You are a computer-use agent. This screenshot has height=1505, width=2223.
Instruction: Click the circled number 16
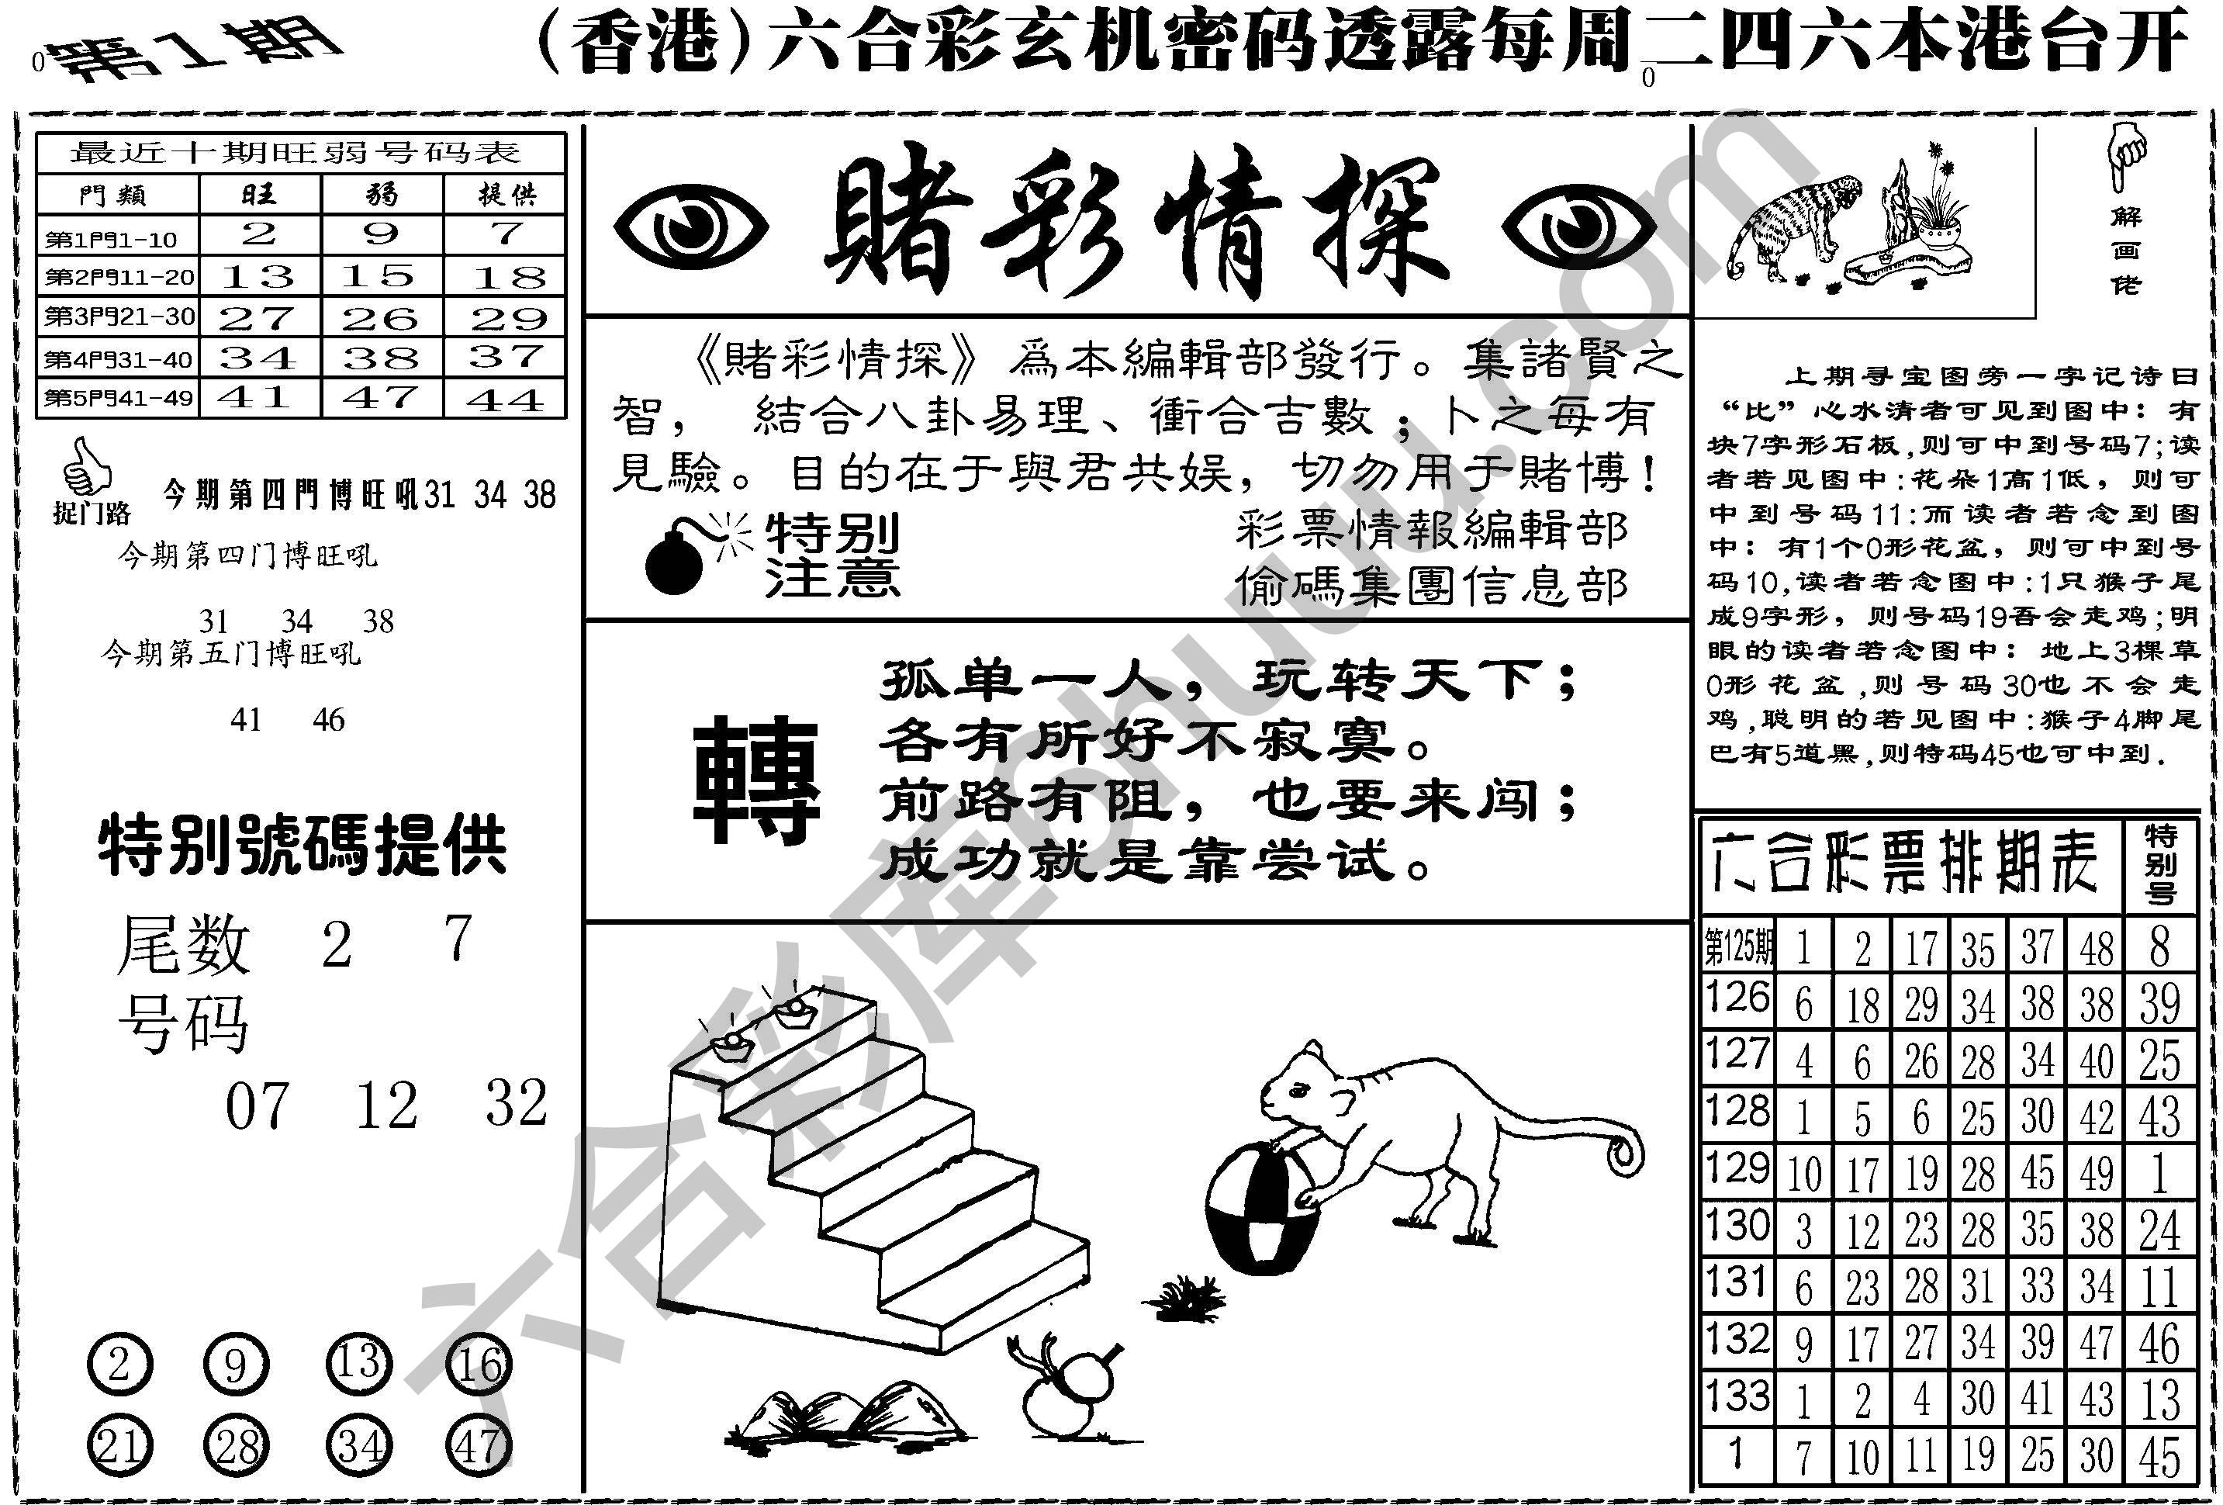479,1365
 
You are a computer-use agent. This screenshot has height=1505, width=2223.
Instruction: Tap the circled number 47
479,1447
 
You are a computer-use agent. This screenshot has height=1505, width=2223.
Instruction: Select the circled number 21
119,1447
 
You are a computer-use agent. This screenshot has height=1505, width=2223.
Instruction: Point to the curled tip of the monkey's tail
1623,1154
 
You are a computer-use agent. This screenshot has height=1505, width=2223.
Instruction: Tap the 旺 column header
259,195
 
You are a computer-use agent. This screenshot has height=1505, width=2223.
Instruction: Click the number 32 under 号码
516,1104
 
